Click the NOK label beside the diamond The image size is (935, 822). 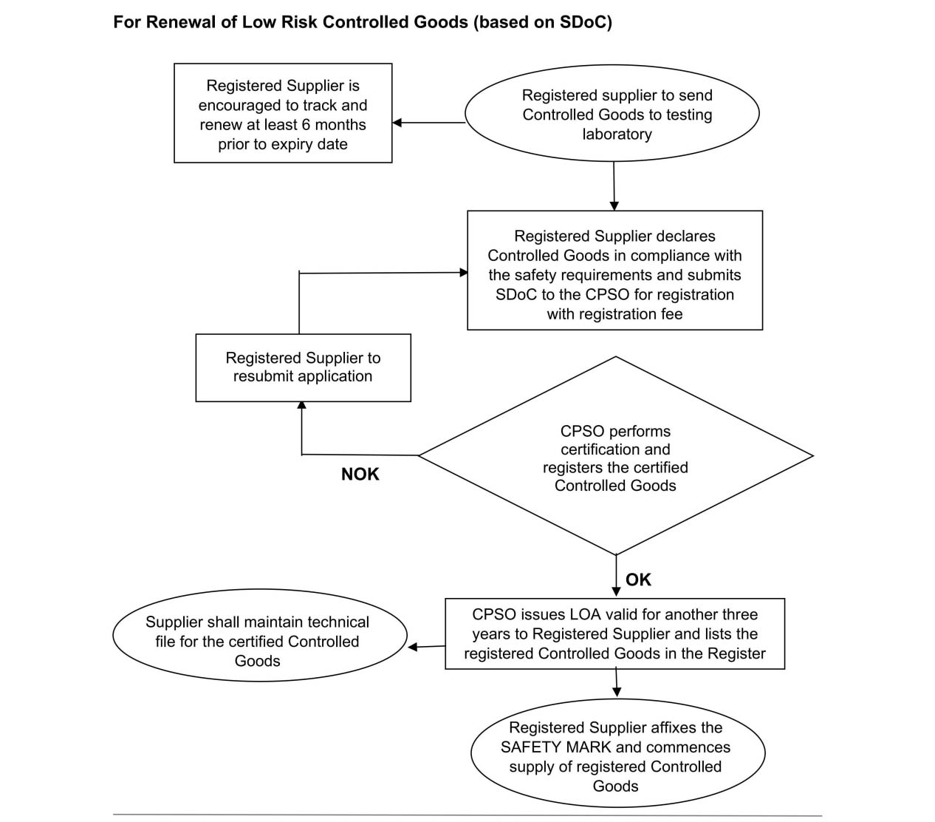pos(360,475)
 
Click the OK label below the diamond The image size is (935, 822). pos(638,580)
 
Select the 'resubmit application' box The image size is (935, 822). pos(303,367)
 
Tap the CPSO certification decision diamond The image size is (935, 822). pos(615,457)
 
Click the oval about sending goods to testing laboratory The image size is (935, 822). pos(612,115)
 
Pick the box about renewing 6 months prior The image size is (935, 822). pos(283,113)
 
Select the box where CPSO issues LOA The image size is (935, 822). pos(614,634)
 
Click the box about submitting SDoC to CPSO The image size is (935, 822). pos(614,271)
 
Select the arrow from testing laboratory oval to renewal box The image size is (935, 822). pos(428,123)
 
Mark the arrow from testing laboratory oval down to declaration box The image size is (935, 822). pos(614,186)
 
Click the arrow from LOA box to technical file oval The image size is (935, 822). pos(426,647)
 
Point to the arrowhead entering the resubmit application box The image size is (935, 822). pos(301,405)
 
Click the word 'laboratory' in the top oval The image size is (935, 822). pos(617,135)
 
